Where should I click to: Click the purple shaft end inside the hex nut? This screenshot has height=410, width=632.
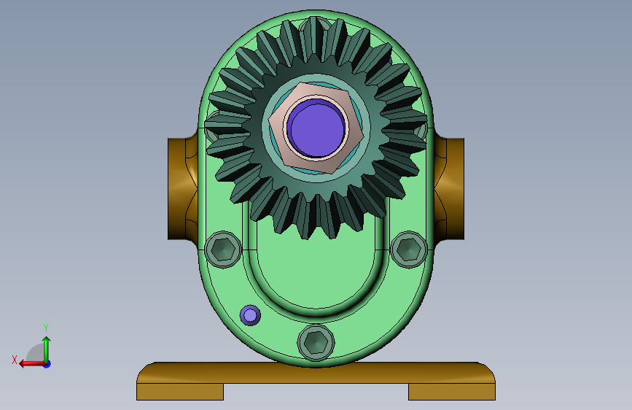tap(318, 128)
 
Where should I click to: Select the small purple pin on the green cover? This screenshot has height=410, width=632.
tap(250, 315)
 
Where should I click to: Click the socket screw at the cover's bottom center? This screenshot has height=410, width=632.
tap(316, 343)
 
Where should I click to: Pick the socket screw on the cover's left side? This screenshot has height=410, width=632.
tap(223, 250)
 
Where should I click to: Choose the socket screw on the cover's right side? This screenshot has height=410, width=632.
tap(409, 250)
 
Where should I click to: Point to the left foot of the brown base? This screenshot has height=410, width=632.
tap(180, 392)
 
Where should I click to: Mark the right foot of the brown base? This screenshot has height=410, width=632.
tap(452, 392)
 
